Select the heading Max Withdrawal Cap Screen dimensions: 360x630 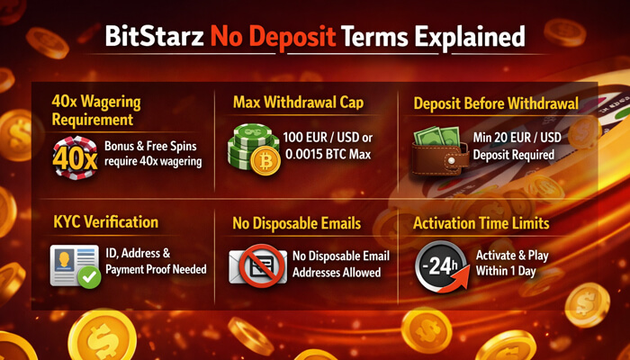click(x=298, y=103)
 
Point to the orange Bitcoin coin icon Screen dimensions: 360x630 click(x=265, y=162)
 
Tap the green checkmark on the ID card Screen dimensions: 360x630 click(x=88, y=277)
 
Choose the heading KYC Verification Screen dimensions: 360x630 click(x=105, y=221)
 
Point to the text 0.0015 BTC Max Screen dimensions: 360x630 click(x=320, y=155)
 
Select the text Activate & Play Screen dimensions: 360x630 click(x=511, y=256)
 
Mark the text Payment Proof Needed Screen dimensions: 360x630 click(x=156, y=269)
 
